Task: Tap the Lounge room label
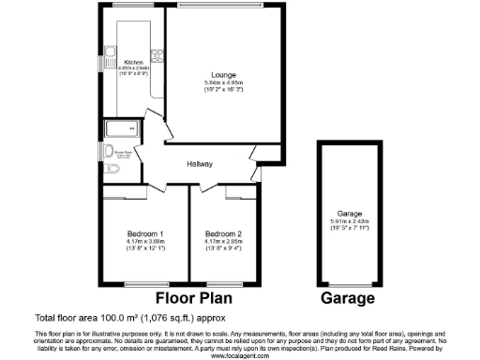pyautogui.click(x=222, y=75)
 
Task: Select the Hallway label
pyautogui.click(x=200, y=164)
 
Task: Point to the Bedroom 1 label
pyautogui.click(x=145, y=233)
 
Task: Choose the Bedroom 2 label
pyautogui.click(x=223, y=233)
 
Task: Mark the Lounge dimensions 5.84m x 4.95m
pyautogui.click(x=222, y=83)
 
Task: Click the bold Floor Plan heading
pyautogui.click(x=194, y=299)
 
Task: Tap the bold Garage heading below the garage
pyautogui.click(x=348, y=299)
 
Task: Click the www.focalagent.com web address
pyautogui.click(x=238, y=356)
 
